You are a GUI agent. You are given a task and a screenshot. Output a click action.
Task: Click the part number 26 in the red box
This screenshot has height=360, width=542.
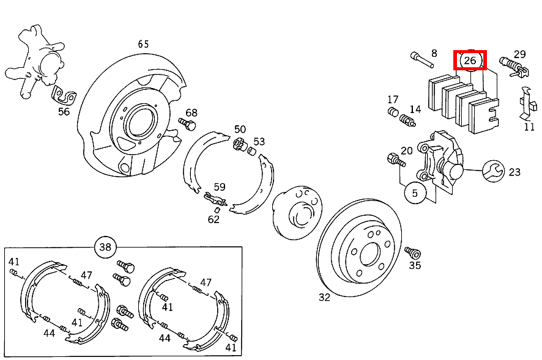tap(470, 61)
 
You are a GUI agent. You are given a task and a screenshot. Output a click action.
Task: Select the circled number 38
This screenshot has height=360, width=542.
tap(105, 247)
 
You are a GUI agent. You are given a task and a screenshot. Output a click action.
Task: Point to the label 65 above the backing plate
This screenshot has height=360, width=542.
tap(143, 44)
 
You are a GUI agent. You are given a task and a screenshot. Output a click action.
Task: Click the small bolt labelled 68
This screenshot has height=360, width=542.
tap(187, 125)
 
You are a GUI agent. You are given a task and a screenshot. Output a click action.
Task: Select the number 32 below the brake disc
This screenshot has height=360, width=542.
tap(324, 298)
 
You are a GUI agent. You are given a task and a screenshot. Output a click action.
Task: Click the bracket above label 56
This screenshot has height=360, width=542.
tap(63, 95)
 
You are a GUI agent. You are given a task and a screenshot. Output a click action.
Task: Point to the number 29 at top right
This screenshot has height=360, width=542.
tap(520, 54)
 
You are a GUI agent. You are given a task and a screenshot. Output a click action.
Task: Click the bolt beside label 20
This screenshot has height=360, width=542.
tap(396, 161)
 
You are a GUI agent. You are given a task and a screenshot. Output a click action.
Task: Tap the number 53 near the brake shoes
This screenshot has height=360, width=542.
tap(259, 142)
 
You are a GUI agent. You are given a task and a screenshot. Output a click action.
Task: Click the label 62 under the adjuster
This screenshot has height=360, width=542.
tap(213, 219)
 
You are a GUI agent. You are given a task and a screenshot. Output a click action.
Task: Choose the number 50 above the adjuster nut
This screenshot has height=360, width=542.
tap(240, 130)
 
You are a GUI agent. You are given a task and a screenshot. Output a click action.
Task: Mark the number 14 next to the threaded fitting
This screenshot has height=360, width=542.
tap(415, 109)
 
